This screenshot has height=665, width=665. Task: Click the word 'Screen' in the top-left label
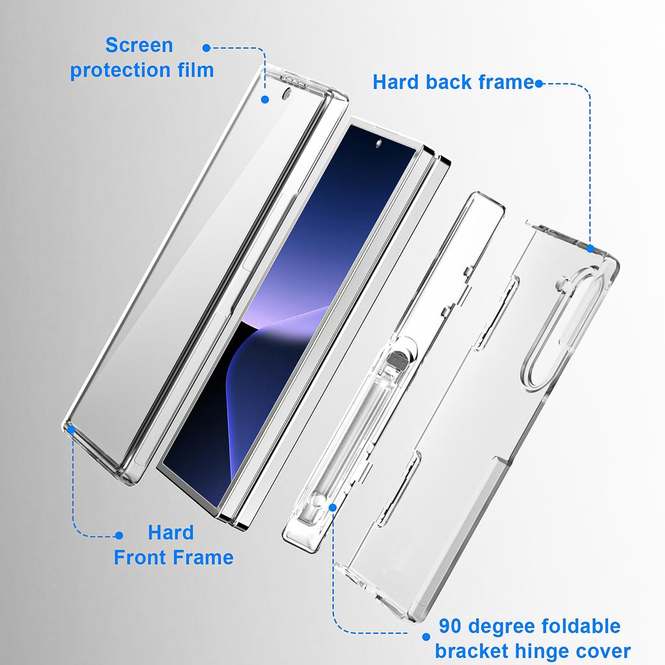(x=139, y=45)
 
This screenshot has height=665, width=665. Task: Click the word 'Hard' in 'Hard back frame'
(x=395, y=82)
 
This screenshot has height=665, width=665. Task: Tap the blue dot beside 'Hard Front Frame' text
(x=119, y=536)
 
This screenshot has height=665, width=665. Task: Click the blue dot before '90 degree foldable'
(x=426, y=637)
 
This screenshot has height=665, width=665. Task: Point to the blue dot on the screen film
(x=265, y=99)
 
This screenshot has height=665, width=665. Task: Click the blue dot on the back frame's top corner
(x=590, y=248)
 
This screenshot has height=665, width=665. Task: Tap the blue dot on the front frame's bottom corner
(x=70, y=429)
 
